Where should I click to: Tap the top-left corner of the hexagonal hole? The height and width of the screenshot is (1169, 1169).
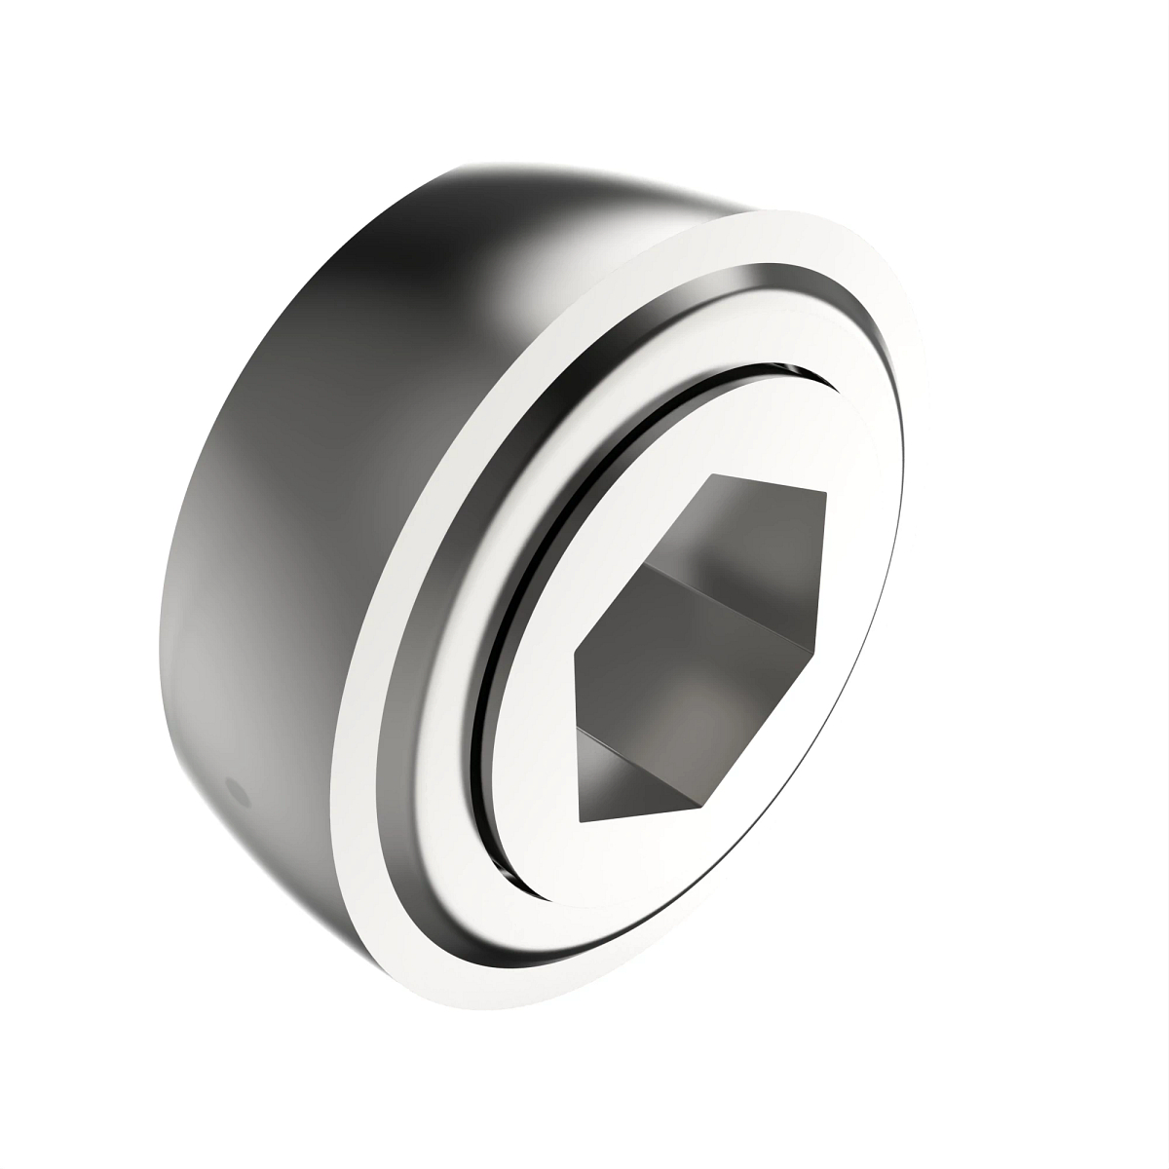tap(713, 475)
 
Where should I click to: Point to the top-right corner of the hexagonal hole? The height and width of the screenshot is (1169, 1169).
tap(826, 494)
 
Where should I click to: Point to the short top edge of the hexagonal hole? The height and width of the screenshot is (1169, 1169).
tap(770, 484)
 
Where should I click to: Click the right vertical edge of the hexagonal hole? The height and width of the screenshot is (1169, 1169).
tap(825, 570)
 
